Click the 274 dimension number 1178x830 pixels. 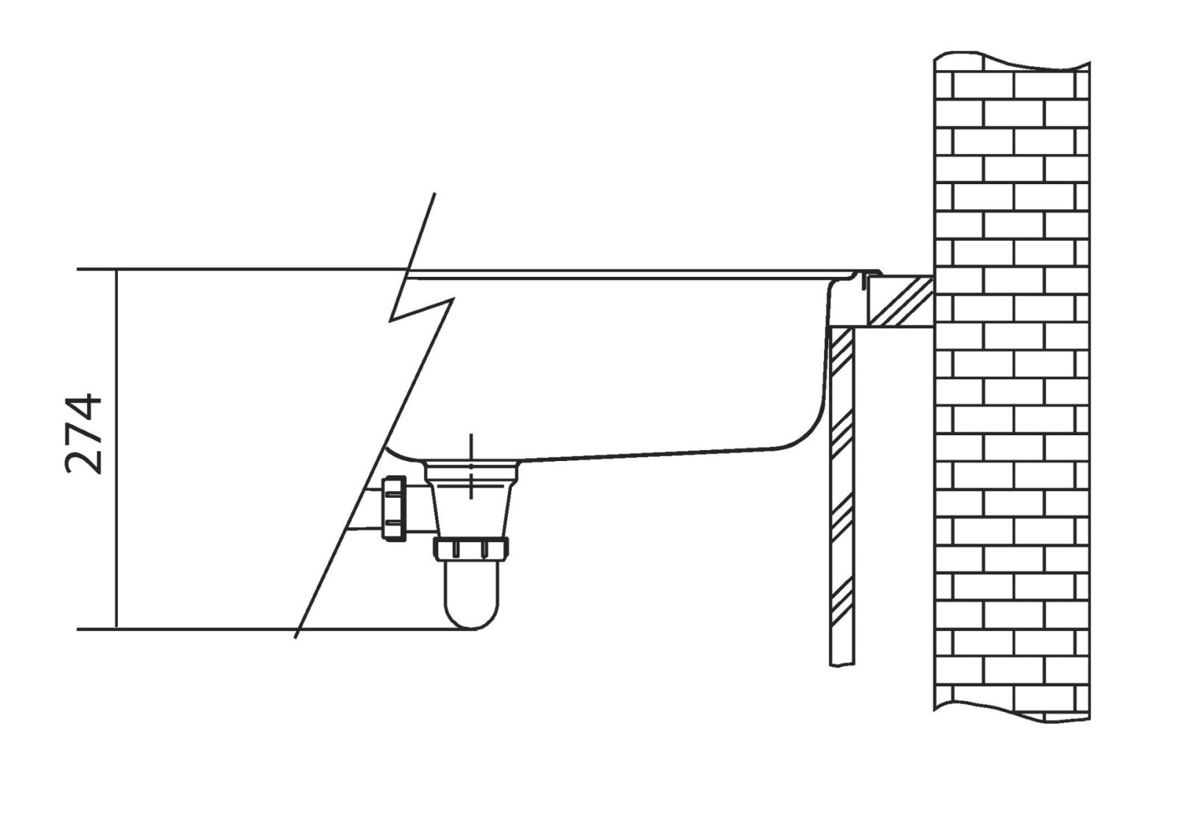83,435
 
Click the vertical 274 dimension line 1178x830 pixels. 116,449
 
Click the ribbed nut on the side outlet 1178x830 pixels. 395,508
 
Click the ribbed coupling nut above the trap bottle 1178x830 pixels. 470,549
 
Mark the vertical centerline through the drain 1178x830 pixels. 471,466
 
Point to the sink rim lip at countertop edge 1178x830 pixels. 869,275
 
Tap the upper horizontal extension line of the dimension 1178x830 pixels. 242,270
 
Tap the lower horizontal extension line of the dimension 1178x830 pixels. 273,629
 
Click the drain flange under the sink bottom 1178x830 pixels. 471,471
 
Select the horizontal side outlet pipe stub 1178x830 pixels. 418,508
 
